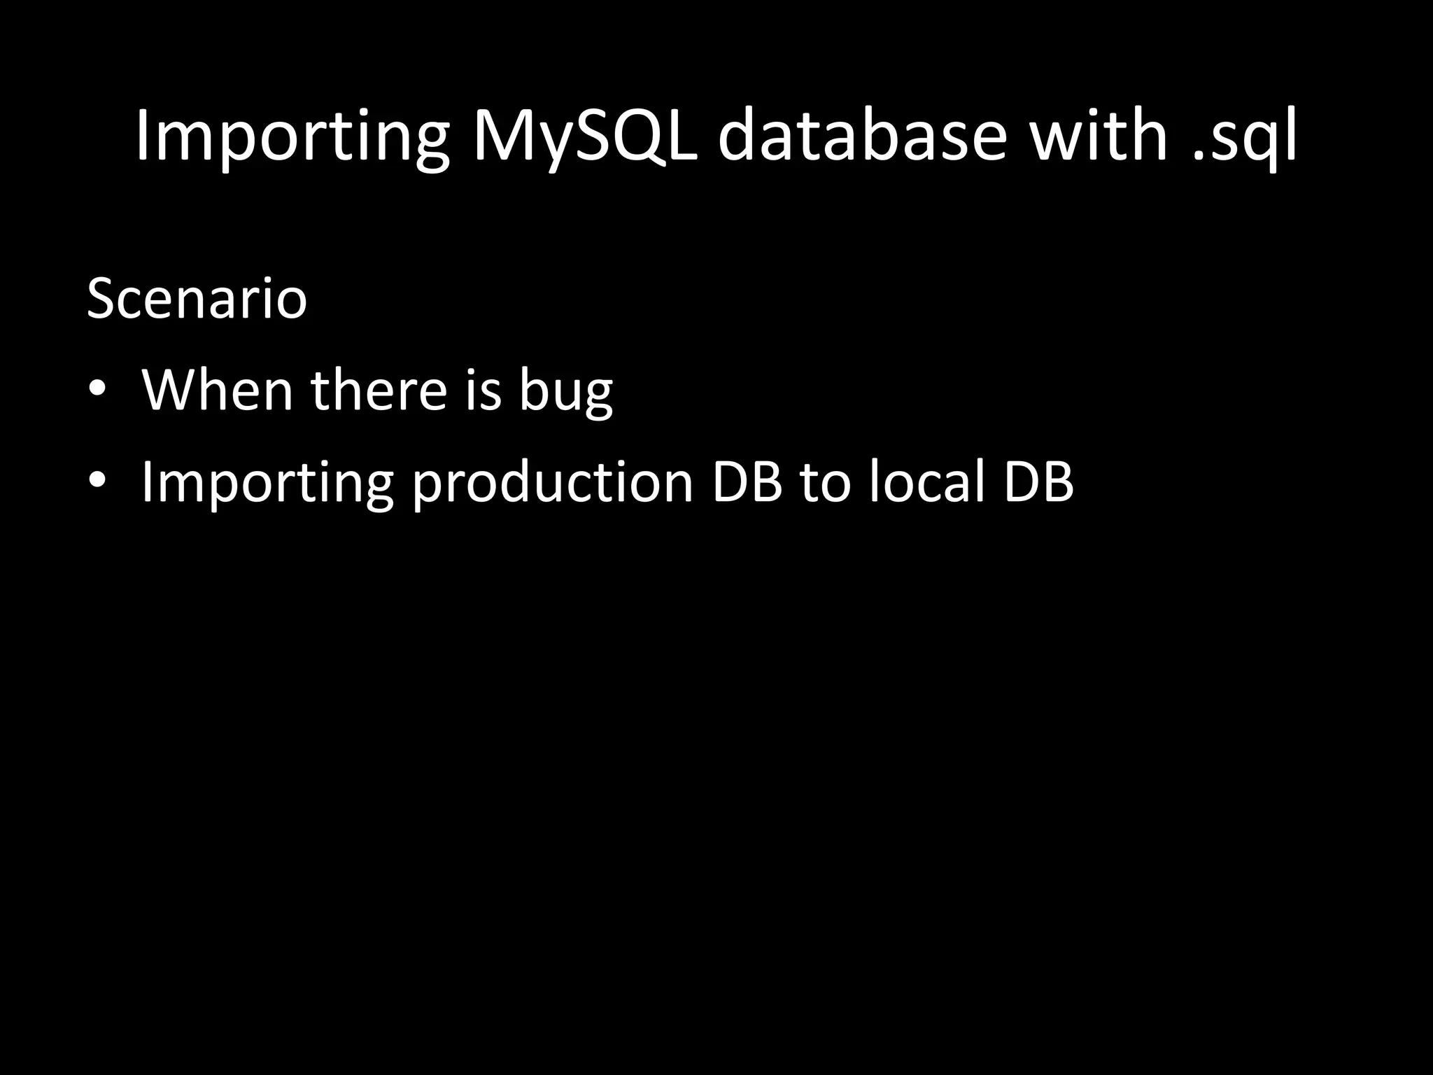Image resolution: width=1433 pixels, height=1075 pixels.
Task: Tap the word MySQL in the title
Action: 584,136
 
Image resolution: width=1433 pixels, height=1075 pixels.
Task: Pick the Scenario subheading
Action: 197,300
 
